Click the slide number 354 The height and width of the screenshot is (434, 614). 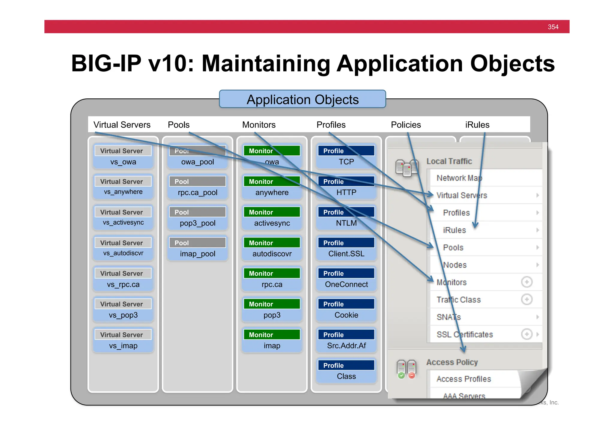553,27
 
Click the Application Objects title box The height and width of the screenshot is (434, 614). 302,99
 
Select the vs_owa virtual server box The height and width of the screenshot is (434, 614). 123,157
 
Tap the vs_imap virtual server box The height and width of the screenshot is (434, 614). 123,340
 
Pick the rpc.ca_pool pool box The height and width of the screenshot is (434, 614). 197,187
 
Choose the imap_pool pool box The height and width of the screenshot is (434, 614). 197,248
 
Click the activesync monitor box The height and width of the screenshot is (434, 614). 272,218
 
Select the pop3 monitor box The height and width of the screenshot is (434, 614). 272,310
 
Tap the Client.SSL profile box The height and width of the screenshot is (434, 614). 346,248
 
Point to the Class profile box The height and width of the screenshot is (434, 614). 346,371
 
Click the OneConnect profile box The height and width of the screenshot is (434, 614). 346,279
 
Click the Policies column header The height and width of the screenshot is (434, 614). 406,125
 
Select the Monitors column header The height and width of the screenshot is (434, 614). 259,125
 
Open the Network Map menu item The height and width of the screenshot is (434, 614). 459,178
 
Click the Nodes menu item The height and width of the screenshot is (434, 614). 455,265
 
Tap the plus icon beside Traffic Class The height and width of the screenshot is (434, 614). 526,299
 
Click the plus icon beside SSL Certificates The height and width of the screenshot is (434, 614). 526,334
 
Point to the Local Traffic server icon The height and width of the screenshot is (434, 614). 407,168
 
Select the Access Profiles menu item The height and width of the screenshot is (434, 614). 463,379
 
